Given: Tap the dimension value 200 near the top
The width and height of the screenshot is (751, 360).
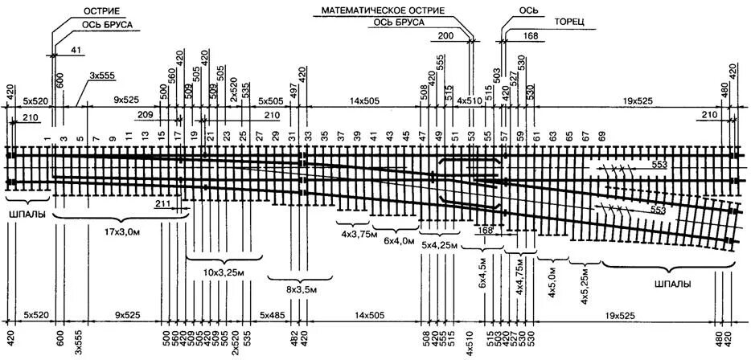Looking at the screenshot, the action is (446, 36).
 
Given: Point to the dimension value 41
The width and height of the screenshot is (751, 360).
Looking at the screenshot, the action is (76, 51).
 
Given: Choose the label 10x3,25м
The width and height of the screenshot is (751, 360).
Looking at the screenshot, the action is (224, 272).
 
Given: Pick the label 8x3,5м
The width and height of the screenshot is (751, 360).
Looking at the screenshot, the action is (302, 288).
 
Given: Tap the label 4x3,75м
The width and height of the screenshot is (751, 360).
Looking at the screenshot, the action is (353, 233).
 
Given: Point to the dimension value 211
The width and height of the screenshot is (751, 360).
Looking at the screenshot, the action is (162, 205).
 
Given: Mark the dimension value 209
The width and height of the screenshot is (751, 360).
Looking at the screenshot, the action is (146, 116).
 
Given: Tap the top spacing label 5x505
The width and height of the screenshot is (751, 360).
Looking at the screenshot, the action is (270, 101).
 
